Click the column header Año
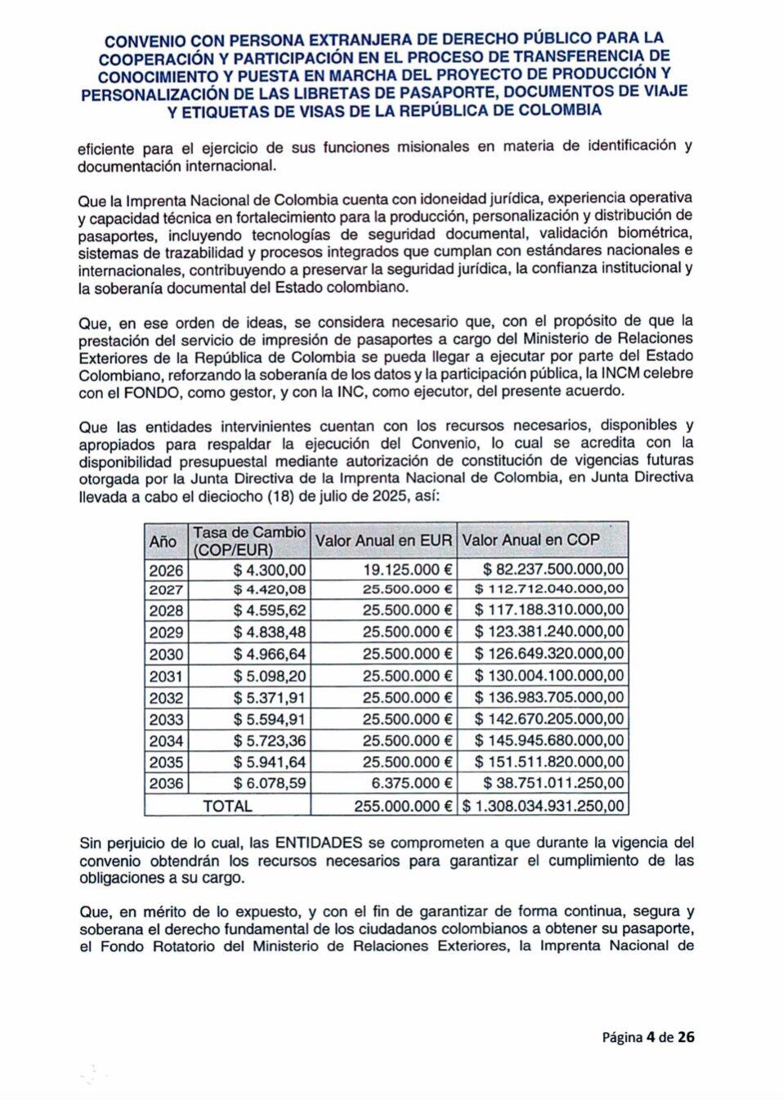[163, 541]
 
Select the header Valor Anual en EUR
[383, 540]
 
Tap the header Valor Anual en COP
[530, 540]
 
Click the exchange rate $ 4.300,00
[270, 570]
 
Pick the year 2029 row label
[166, 632]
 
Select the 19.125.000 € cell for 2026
[407, 570]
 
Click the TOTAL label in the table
[227, 806]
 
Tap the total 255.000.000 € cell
[403, 806]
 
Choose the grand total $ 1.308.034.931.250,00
[544, 806]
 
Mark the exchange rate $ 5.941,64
[270, 762]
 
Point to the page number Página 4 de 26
[648, 1037]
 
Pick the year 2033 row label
[166, 719]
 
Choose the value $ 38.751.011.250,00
[553, 783]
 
